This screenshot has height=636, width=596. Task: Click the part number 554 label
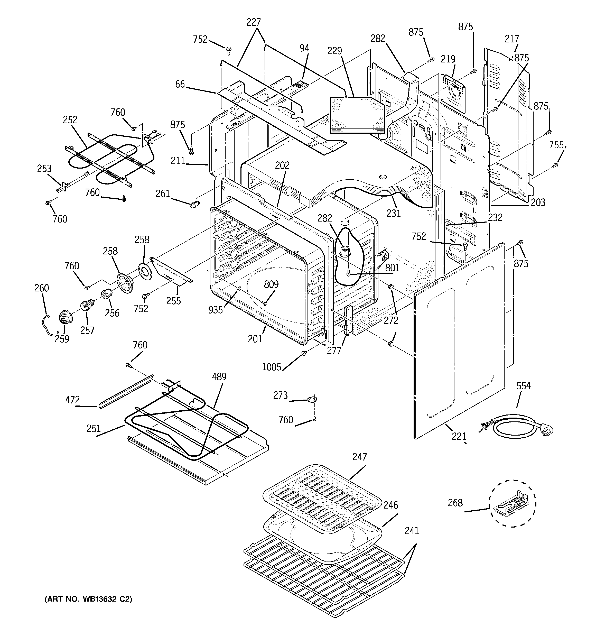(523, 386)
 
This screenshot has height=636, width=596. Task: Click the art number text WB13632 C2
(88, 599)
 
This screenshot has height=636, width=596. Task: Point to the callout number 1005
(271, 367)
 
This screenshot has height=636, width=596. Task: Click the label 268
(455, 503)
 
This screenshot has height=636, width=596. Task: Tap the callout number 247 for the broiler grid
(360, 457)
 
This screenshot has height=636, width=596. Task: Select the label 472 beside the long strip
(72, 400)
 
